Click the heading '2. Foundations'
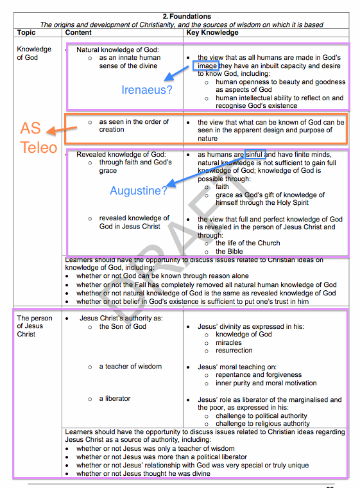point(186,16)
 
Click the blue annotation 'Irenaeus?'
point(147,90)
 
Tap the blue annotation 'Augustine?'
point(139,191)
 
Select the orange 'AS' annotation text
point(30,128)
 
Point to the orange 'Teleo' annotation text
point(39,148)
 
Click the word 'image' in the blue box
point(207,65)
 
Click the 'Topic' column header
point(26,33)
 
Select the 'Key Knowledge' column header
point(212,33)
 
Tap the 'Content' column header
point(78,33)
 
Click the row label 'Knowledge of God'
point(34,53)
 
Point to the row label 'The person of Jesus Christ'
point(35,326)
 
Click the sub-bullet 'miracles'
point(230,342)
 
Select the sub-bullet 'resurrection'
point(234,351)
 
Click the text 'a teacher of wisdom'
point(130,367)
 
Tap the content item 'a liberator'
point(115,399)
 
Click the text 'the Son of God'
point(123,326)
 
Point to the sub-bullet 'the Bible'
point(229,251)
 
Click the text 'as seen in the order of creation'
point(133,126)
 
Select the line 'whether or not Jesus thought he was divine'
point(143,473)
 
